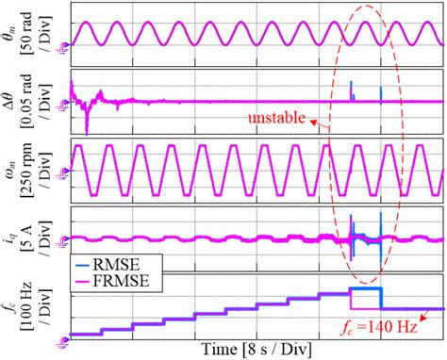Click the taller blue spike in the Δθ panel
pos(351,90)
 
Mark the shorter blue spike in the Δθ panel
pos(381,94)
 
